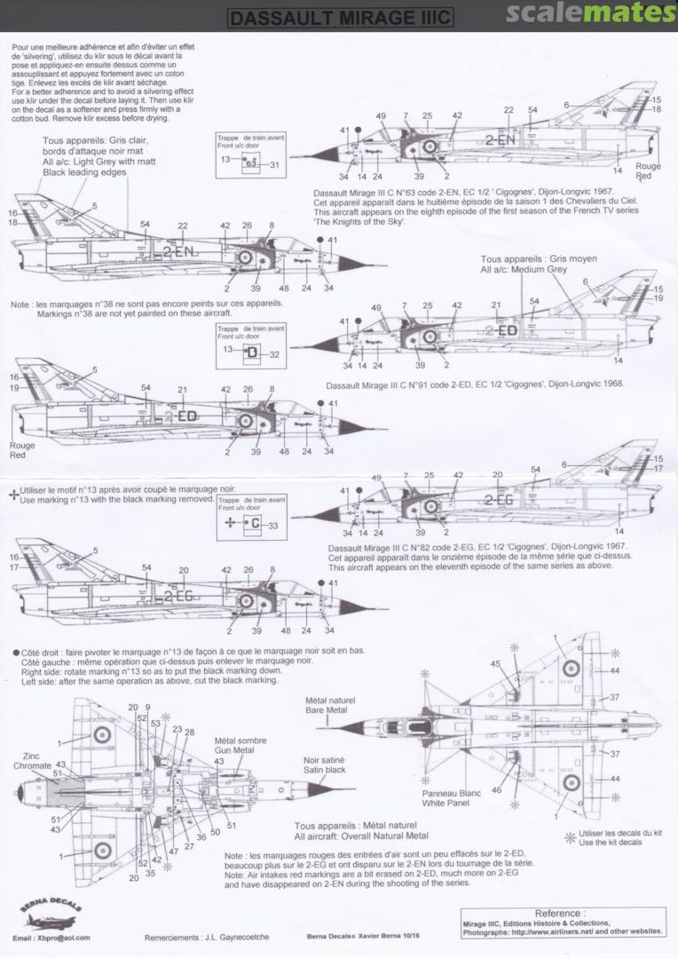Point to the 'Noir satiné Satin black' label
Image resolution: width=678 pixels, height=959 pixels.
[x=323, y=766]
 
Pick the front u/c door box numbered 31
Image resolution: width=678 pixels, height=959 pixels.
[x=250, y=164]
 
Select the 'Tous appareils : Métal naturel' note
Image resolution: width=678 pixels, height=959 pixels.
[x=361, y=830]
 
